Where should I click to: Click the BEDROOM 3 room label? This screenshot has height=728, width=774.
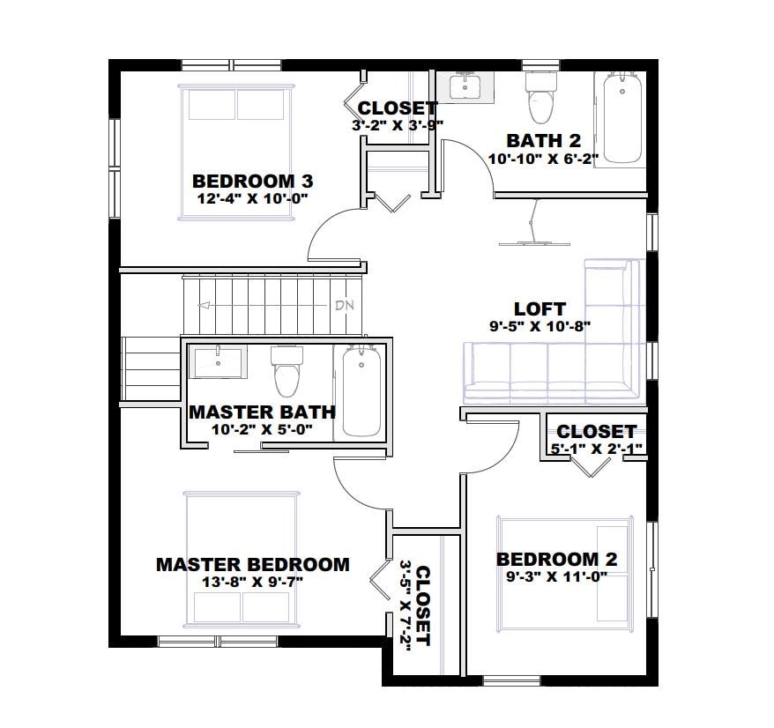[x=253, y=181]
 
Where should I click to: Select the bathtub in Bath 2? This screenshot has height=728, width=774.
[x=622, y=118]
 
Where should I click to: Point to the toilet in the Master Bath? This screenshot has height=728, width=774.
[x=287, y=371]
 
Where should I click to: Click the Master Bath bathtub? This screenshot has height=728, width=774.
[x=361, y=390]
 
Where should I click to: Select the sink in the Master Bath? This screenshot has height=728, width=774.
[x=218, y=361]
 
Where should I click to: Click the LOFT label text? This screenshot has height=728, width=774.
[x=540, y=308]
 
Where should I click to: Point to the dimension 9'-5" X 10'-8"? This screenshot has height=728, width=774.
[x=540, y=325]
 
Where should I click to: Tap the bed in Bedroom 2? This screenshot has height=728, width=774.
[x=564, y=569]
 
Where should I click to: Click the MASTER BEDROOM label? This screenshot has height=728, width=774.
[x=252, y=564]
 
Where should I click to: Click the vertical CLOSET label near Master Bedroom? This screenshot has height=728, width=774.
[x=423, y=605]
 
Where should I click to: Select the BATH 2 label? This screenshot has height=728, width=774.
[x=543, y=141]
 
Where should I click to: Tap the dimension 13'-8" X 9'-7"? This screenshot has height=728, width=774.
[x=252, y=581]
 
